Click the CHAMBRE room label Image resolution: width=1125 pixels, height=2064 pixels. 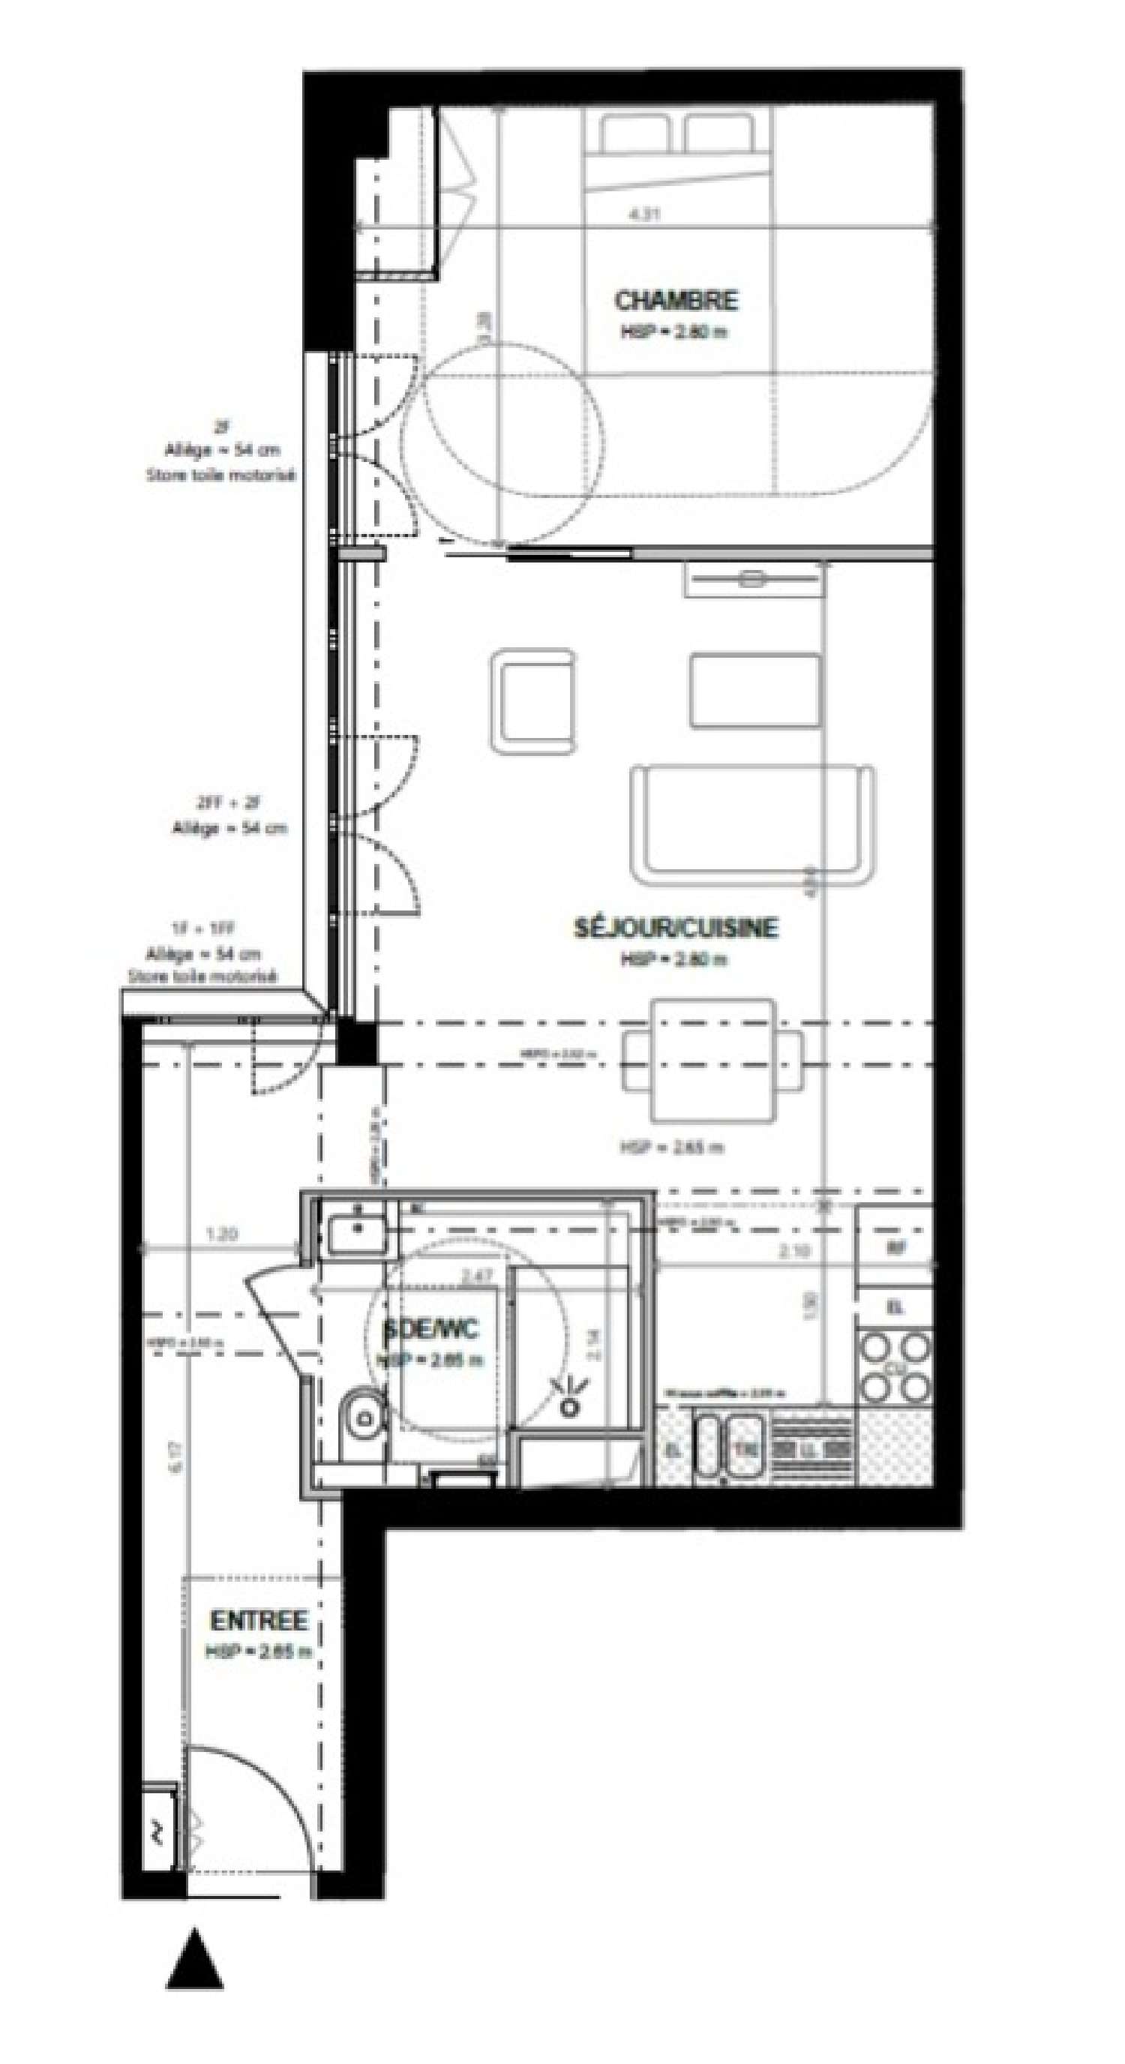pyautogui.click(x=676, y=301)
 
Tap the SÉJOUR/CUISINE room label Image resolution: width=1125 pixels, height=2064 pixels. pyautogui.click(x=676, y=928)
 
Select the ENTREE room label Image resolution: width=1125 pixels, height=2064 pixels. pyautogui.click(x=258, y=1621)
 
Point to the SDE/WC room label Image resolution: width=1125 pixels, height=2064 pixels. pyautogui.click(x=432, y=1330)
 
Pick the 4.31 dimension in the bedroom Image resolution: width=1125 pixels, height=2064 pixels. pyautogui.click(x=646, y=214)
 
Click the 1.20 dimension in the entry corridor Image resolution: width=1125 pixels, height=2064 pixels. pyautogui.click(x=221, y=1234)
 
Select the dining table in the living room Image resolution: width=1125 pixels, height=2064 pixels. pyautogui.click(x=713, y=1059)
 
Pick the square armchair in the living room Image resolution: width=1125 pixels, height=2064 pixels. pyautogui.click(x=532, y=701)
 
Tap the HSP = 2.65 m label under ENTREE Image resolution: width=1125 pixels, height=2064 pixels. pyautogui.click(x=258, y=1651)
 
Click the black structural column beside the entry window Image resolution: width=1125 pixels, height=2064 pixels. pyautogui.click(x=355, y=1041)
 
